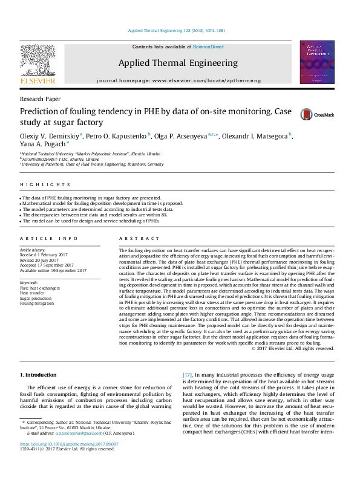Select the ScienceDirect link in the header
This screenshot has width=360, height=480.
coord(208,47)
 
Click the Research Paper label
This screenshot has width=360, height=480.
coord(40,99)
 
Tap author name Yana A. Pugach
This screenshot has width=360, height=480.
coord(42,144)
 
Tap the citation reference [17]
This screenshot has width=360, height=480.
coord(189,375)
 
